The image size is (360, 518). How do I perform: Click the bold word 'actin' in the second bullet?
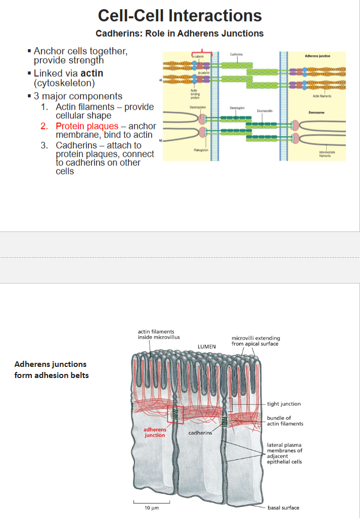tap(92, 74)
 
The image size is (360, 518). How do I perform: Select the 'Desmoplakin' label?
tap(196, 107)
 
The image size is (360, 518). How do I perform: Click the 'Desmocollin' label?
tap(265, 111)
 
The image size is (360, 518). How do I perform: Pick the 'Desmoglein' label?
tap(237, 107)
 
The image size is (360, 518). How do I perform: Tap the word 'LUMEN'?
tap(206, 347)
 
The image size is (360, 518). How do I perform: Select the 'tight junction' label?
tap(284, 404)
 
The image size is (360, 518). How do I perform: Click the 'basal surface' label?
tap(283, 507)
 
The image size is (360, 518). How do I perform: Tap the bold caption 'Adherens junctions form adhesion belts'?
tap(51, 369)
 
